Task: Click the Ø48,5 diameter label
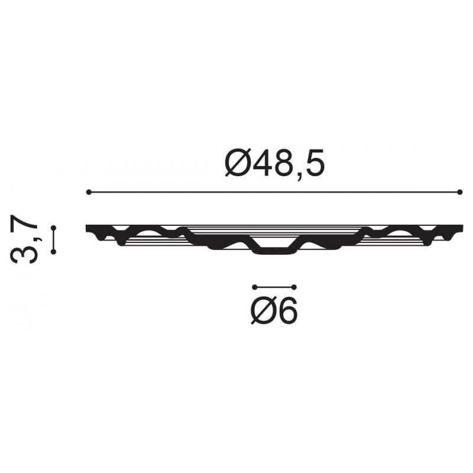coord(275,164)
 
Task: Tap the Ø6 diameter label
coord(274,310)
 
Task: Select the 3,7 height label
coord(24,239)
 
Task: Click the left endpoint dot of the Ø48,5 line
coord(89,192)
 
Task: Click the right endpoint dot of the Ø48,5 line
coord(460,192)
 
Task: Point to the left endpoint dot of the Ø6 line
coord(255,287)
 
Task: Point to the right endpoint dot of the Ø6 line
coord(294,287)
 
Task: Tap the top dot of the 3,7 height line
coord(54,228)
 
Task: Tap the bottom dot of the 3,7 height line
coord(54,252)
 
